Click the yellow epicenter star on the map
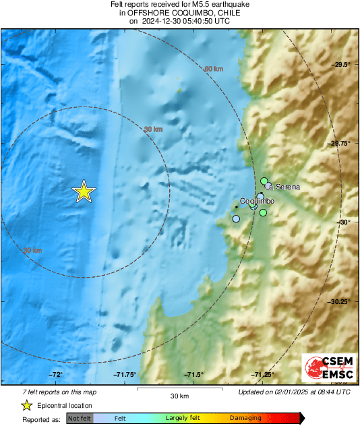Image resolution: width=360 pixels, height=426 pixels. (84, 192)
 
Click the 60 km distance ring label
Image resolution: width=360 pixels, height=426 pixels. (214, 69)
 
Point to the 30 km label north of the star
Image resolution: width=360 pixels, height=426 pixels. (153, 129)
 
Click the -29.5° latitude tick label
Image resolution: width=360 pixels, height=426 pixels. (342, 64)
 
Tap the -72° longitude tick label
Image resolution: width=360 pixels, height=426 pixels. (55, 375)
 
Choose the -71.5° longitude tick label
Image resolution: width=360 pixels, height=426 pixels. (194, 375)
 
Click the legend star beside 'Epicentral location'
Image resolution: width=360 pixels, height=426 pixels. (26, 406)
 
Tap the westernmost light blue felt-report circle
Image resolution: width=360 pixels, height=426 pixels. (236, 218)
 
